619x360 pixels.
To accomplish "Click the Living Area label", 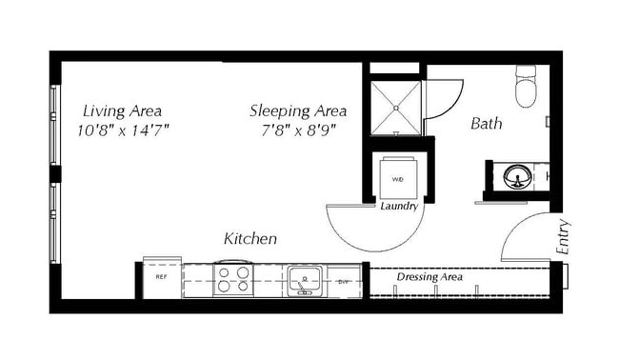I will pos(121,110).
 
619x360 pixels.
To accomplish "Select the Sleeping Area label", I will pos(298,110).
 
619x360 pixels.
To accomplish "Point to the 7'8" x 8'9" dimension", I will pos(298,130).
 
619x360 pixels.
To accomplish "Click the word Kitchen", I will pos(250,238).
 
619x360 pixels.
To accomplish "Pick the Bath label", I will pos(487,124).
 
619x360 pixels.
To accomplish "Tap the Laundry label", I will pos(399,206).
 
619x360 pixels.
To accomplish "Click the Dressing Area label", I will pos(429,277).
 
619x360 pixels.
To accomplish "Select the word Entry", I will pos(563,236).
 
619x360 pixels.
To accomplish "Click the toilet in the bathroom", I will pos(528,88).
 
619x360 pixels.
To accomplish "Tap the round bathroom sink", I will pos(517,176).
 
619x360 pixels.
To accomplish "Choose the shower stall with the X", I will pos(393,107).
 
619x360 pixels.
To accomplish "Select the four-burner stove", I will pos(232,280).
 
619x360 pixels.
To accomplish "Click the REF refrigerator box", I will pos(161,277).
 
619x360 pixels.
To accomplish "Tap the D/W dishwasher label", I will pos(343,282).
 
